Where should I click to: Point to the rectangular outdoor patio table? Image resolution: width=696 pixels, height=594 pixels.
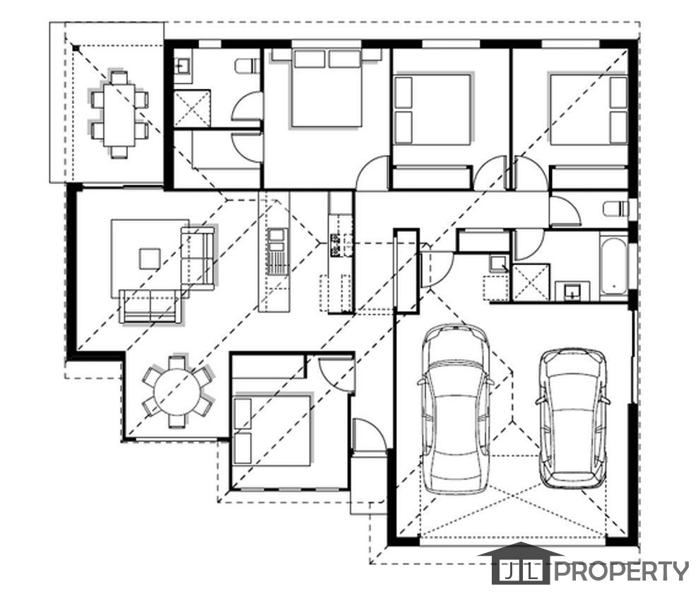click(x=119, y=115)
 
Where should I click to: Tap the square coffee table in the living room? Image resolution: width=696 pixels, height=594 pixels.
click(x=150, y=259)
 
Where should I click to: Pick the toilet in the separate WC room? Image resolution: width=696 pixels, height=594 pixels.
click(x=616, y=208)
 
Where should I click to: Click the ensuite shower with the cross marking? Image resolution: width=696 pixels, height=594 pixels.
click(x=191, y=108)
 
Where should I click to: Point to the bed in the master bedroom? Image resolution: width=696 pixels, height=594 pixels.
click(x=326, y=88)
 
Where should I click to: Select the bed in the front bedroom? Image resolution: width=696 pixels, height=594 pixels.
click(x=271, y=430)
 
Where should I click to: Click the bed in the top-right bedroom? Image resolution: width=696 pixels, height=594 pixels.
click(x=588, y=110)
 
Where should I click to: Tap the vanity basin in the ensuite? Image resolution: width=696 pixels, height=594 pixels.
click(x=182, y=66)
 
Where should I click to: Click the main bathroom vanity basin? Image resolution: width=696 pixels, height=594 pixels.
click(x=572, y=291)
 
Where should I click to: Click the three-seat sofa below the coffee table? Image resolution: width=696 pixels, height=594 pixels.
click(x=150, y=307)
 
